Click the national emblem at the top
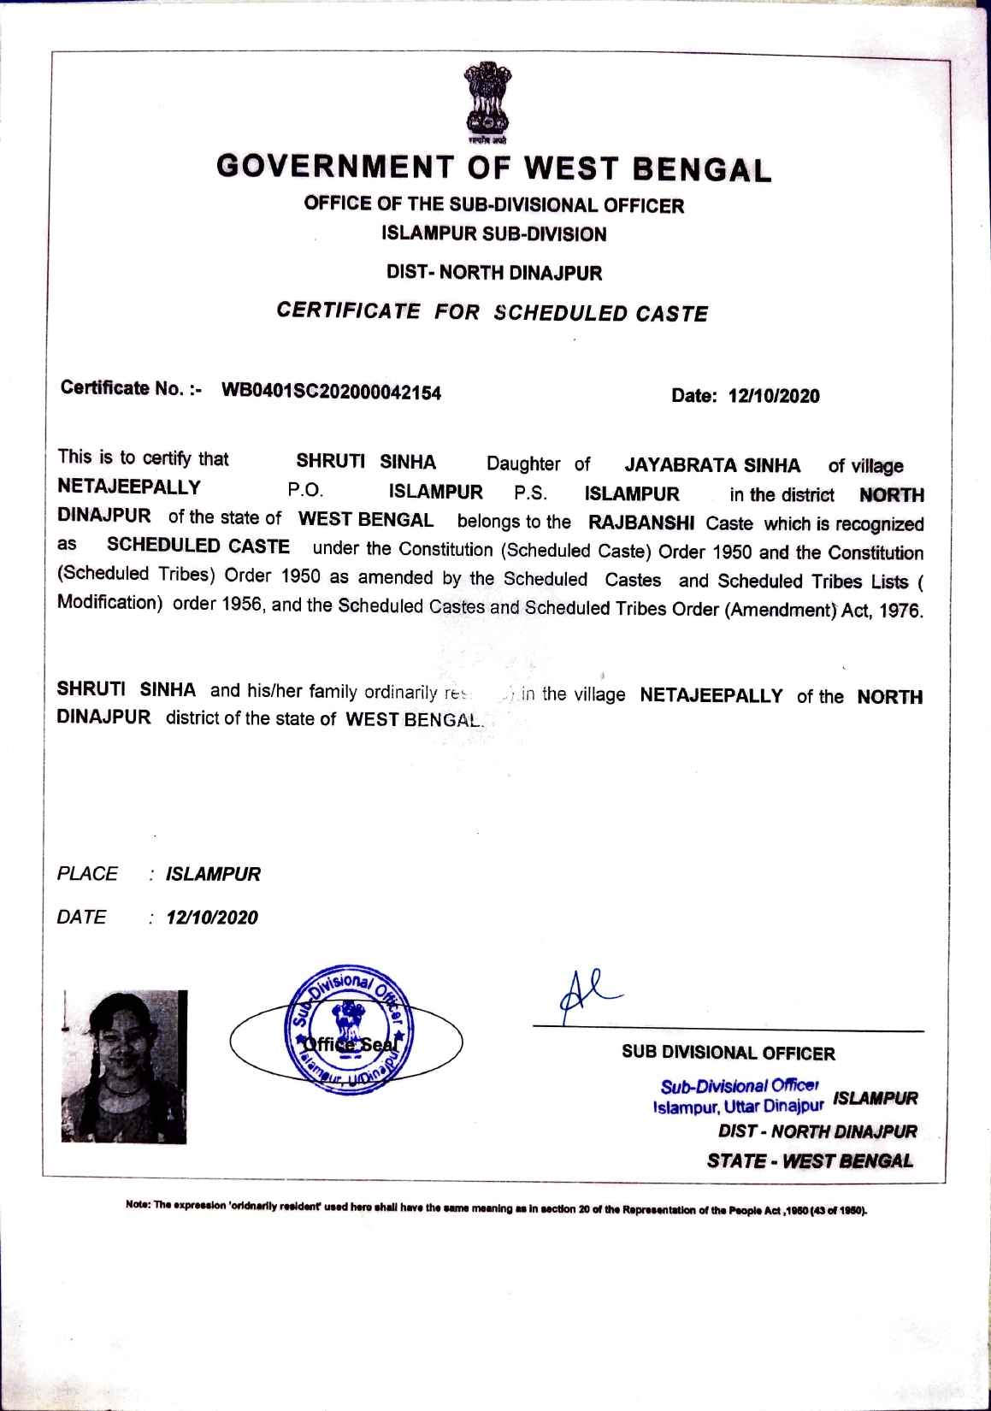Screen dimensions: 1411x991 click(x=486, y=101)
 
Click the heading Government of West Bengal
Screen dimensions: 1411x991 click(x=494, y=167)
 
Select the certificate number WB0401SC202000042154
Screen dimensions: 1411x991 click(x=332, y=392)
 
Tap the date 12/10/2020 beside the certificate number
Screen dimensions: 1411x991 click(x=773, y=396)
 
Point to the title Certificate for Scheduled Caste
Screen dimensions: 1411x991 click(x=493, y=311)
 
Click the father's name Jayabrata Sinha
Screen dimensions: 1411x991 click(x=712, y=465)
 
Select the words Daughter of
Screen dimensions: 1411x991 click(x=538, y=464)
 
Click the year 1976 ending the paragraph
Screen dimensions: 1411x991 click(x=904, y=612)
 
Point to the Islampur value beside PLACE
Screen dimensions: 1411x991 click(x=213, y=874)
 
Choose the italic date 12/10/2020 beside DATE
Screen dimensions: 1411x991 click(x=212, y=918)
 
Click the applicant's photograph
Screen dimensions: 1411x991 click(x=124, y=1066)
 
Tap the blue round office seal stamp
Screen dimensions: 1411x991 click(x=349, y=1034)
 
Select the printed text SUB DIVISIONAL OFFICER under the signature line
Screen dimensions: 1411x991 click(x=729, y=1053)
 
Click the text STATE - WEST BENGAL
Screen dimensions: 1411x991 click(x=810, y=1160)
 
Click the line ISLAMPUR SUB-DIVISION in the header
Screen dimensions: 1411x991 click(x=494, y=233)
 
